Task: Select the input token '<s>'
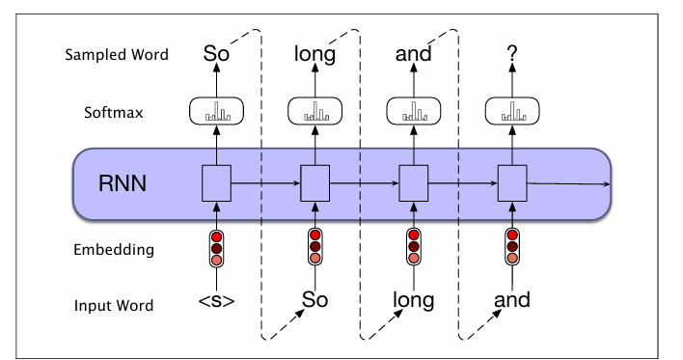tap(217, 300)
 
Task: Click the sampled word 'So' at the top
tap(217, 53)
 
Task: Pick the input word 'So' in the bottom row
tap(315, 300)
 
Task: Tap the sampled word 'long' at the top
tap(315, 55)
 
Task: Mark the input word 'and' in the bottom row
tap(511, 300)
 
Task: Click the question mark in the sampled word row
tap(511, 54)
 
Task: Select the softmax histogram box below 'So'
tap(217, 114)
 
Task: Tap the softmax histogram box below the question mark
tap(511, 114)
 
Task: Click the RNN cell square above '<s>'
tap(217, 180)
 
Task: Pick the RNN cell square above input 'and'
tap(511, 180)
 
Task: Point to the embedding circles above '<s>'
tap(217, 249)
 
